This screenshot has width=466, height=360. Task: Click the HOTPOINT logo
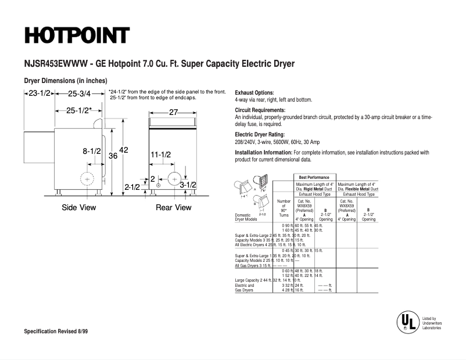click(x=76, y=35)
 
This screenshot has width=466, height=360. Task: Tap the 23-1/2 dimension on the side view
click(x=40, y=93)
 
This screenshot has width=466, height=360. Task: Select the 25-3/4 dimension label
click(x=79, y=93)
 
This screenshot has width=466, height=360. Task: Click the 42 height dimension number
click(x=123, y=150)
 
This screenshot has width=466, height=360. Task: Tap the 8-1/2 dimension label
click(x=92, y=151)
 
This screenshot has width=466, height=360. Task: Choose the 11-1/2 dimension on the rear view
click(x=160, y=155)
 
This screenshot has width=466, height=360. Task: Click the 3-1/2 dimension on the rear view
click(x=188, y=185)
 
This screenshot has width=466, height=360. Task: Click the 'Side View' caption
click(x=79, y=207)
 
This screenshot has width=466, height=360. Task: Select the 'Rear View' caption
click(x=173, y=207)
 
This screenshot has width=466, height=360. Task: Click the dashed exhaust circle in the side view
click(x=88, y=180)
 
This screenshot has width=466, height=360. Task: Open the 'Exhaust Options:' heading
click(x=254, y=93)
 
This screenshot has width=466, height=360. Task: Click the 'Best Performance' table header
click(x=314, y=177)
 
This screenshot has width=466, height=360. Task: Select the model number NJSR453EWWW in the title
click(x=53, y=64)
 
